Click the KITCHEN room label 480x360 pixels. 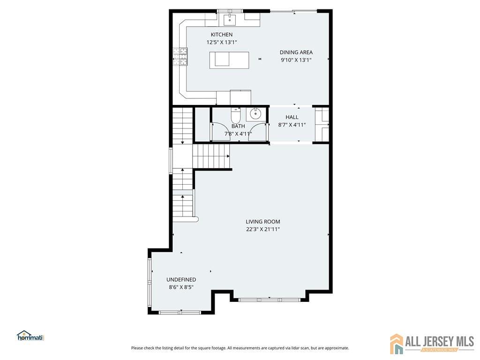click(x=221, y=35)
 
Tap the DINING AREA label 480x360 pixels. click(x=296, y=52)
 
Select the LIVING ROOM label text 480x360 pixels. click(x=263, y=222)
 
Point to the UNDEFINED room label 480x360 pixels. click(x=181, y=280)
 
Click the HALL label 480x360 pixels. click(x=292, y=117)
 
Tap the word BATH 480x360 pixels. click(x=238, y=126)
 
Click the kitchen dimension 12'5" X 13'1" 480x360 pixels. click(x=221, y=42)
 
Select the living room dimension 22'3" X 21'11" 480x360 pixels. click(x=263, y=229)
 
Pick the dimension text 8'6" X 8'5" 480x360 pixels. click(x=181, y=287)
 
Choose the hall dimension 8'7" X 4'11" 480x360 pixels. click(x=292, y=125)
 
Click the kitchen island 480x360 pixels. click(x=229, y=60)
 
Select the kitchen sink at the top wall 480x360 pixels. click(x=231, y=19)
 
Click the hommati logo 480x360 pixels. click(x=30, y=336)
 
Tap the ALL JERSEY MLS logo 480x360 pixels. click(x=432, y=344)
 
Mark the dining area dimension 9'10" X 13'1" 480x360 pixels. click(x=296, y=60)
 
